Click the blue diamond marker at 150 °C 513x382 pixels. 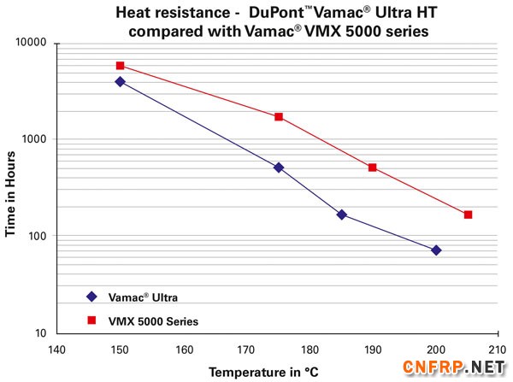click(120, 82)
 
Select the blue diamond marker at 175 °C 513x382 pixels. click(279, 167)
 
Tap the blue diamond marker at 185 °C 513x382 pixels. click(342, 215)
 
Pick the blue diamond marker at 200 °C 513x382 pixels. click(436, 250)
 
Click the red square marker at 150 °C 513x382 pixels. click(120, 66)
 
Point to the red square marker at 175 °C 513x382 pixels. click(279, 116)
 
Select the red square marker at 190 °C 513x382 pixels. click(373, 167)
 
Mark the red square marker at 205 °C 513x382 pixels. click(468, 215)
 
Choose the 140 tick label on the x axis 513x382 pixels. click(56, 349)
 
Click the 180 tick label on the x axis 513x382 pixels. click(310, 349)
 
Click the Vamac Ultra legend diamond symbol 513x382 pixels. click(91, 297)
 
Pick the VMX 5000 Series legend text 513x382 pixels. click(155, 321)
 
